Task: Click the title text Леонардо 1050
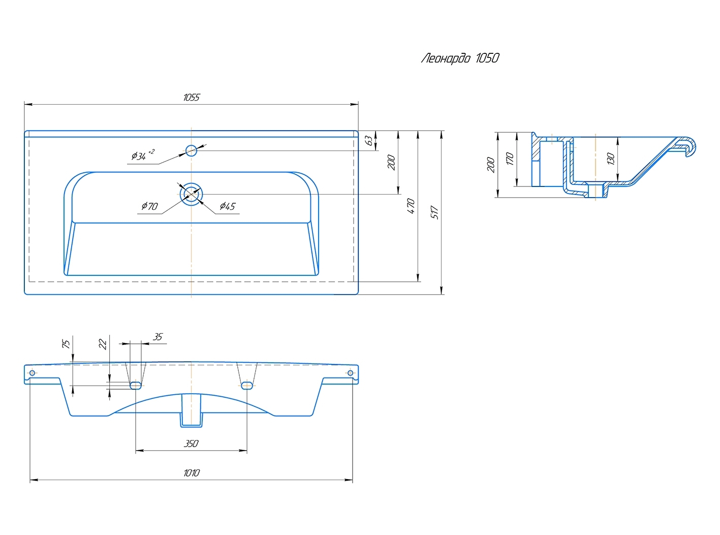coord(460,58)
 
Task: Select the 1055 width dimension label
coord(192,97)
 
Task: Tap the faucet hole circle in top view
coord(191,150)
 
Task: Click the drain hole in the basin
coord(191,194)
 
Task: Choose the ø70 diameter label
coord(149,206)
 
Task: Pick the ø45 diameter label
coord(227,206)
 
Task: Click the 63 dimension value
coord(369,140)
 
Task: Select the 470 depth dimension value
coord(411,206)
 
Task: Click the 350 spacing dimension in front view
coord(191,444)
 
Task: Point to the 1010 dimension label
coord(191,473)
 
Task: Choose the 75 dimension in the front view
coord(66,344)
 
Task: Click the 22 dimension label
coord(103,344)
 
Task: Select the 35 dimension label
coord(158,337)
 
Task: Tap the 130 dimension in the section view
coord(611,159)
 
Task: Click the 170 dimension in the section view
coord(510,159)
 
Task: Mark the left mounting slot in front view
coord(135,386)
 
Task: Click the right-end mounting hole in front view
coord(350,373)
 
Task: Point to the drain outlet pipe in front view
coord(191,412)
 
